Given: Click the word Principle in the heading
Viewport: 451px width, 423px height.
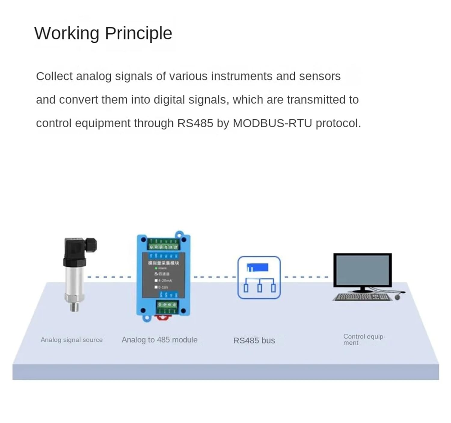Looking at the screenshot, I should [138, 33].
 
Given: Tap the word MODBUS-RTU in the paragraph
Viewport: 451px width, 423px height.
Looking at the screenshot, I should [272, 123].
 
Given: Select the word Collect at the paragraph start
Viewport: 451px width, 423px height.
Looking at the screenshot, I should [54, 76].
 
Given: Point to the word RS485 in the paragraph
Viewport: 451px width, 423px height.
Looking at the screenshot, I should [195, 123].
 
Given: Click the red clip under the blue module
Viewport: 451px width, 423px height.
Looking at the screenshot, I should [163, 317].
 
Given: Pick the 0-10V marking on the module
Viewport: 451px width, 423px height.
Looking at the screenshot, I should [163, 287].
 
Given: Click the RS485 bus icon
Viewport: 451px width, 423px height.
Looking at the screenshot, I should [259, 278].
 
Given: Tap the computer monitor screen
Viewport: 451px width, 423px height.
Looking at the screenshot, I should [362, 270].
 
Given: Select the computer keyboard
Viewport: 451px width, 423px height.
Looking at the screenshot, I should [362, 297].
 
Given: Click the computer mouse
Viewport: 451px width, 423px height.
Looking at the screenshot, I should [397, 297].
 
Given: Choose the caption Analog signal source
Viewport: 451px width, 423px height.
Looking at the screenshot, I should [72, 340].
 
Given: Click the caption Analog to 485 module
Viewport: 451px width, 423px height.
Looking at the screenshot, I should [159, 340].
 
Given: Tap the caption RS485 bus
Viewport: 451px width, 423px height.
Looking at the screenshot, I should [254, 340].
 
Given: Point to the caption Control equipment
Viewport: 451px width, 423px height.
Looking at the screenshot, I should [364, 340].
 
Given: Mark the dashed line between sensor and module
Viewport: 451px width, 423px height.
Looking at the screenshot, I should [109, 277].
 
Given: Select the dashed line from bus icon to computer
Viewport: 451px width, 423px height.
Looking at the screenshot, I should [306, 277].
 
